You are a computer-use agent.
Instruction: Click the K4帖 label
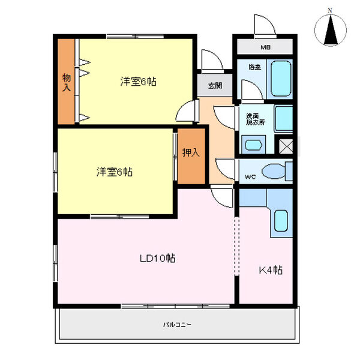[270, 270]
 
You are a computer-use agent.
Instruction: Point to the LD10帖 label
[158, 259]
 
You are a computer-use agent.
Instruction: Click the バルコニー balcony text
[177, 325]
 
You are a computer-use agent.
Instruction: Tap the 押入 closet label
[191, 153]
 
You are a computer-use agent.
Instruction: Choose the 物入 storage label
[66, 82]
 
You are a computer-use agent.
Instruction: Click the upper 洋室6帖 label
[138, 82]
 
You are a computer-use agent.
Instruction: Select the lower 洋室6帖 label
[115, 172]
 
